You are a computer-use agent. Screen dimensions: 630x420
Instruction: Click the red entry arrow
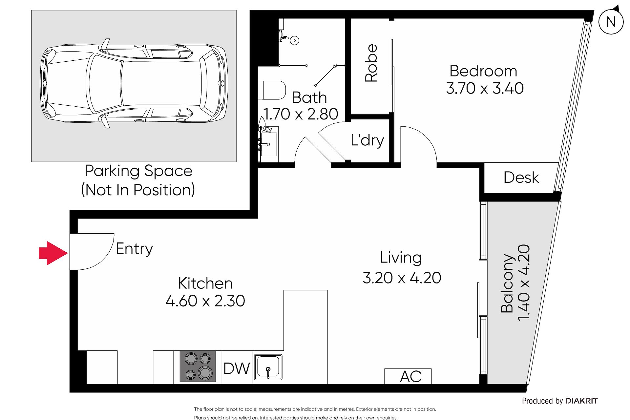point(53,253)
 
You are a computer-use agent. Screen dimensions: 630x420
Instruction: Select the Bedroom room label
point(483,71)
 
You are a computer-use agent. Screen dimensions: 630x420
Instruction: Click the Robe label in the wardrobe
point(371,63)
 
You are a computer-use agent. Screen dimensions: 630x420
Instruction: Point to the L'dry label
point(367,140)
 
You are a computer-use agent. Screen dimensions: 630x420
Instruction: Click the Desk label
point(521,178)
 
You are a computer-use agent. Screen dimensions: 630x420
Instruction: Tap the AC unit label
point(410,376)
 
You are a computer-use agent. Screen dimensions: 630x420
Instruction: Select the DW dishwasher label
point(237,368)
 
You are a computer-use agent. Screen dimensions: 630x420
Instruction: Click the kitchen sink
point(268,367)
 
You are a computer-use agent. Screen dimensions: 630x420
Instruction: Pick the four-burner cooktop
point(198,366)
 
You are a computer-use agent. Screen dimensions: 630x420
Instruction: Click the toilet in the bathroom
point(272,90)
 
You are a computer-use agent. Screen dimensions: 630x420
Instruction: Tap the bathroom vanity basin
point(268,144)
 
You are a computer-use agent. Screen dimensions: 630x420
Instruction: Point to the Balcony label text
point(507,283)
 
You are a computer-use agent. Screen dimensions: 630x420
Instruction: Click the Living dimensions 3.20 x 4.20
point(402,278)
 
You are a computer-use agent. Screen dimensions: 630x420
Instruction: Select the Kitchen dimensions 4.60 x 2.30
point(205,301)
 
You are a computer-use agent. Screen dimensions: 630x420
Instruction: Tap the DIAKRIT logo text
point(581,401)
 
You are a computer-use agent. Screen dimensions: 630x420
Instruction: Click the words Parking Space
point(138,171)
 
